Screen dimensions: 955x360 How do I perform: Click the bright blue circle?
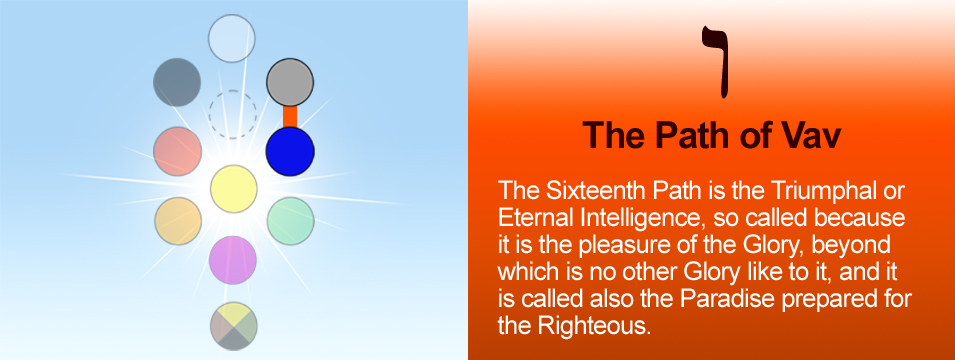[290, 151]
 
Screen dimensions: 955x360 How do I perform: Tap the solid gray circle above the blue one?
[290, 82]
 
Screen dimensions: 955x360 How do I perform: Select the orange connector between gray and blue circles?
[290, 117]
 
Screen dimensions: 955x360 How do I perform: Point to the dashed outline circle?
[233, 114]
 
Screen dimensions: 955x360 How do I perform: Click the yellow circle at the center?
[234, 189]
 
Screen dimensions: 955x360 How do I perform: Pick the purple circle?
[233, 260]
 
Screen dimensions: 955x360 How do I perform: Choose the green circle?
[291, 221]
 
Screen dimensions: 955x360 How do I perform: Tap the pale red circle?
[177, 151]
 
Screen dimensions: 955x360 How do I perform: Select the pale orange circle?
[178, 221]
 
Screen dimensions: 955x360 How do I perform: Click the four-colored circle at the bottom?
[234, 326]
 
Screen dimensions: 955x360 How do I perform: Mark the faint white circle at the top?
[231, 38]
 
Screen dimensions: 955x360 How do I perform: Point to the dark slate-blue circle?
[177, 82]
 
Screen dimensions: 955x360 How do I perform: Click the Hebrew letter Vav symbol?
[715, 62]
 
